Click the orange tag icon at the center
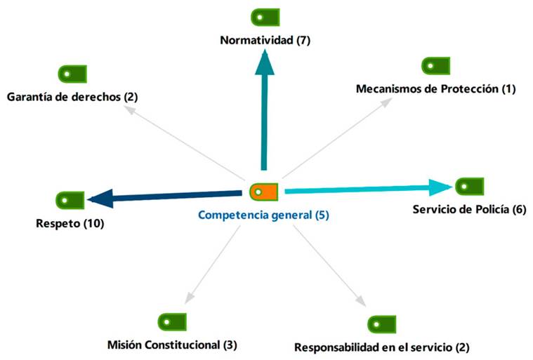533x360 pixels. coord(264,191)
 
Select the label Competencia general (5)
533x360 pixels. coord(263,215)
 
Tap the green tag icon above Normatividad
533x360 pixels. coord(265,17)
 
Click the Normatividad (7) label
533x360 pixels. coord(265,41)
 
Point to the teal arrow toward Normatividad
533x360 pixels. coord(264,112)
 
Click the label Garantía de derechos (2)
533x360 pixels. coord(72,97)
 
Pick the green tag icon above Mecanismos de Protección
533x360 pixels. coord(435,66)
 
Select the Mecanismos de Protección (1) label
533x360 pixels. coord(435,89)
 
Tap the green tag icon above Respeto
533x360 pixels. coord(70,199)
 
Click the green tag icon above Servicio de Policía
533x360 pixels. coord(469,186)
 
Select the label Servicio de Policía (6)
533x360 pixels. coord(468,210)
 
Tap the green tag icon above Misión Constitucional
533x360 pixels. coord(172,321)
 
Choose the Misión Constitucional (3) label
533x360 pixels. coord(173,345)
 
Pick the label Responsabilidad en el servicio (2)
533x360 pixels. coord(381,347)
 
